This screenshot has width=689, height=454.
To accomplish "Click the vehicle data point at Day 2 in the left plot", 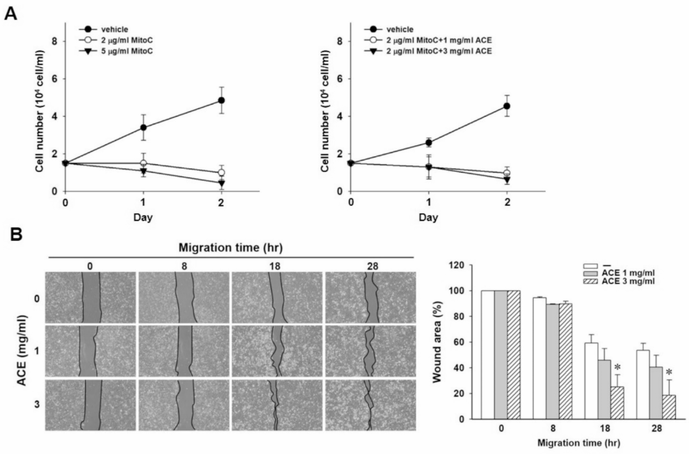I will coord(221,100).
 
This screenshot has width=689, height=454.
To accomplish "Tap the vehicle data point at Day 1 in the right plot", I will coord(429,142).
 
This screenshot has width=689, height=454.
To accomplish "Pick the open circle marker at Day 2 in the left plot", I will coord(221,173).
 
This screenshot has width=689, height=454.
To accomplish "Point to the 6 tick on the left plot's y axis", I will coord(54,79).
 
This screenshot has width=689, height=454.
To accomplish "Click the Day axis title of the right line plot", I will coord(428,217).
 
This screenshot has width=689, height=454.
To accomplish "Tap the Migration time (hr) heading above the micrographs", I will coord(231,247).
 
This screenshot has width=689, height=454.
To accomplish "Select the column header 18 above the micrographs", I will coord(275,266).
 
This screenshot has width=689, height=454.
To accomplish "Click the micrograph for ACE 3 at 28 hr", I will coord(371,405).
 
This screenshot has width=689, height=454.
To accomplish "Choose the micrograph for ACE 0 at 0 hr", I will coord(91,298).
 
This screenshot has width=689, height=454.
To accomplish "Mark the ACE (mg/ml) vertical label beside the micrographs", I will coord(22,351).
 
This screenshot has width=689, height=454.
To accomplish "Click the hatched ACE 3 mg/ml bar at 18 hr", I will coord(617,403).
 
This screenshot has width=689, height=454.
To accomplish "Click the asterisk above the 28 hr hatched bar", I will coord(668,372).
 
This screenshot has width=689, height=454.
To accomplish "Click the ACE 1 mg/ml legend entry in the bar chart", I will coord(628,273).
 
